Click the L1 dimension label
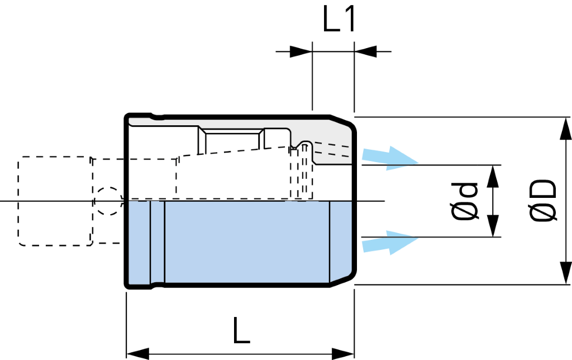click(339, 20)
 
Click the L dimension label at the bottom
click(241, 330)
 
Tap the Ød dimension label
click(464, 201)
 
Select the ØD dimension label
click(544, 201)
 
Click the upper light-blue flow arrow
click(389, 158)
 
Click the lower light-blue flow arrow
click(389, 243)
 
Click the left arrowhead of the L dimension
click(137, 354)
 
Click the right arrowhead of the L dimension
click(343, 354)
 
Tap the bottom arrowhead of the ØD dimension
click(565, 273)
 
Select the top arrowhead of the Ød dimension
click(493, 176)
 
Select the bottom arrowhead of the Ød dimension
click(493, 226)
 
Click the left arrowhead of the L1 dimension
click(301, 51)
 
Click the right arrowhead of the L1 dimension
click(365, 51)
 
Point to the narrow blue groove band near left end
click(158, 242)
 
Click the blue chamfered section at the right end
click(342, 242)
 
